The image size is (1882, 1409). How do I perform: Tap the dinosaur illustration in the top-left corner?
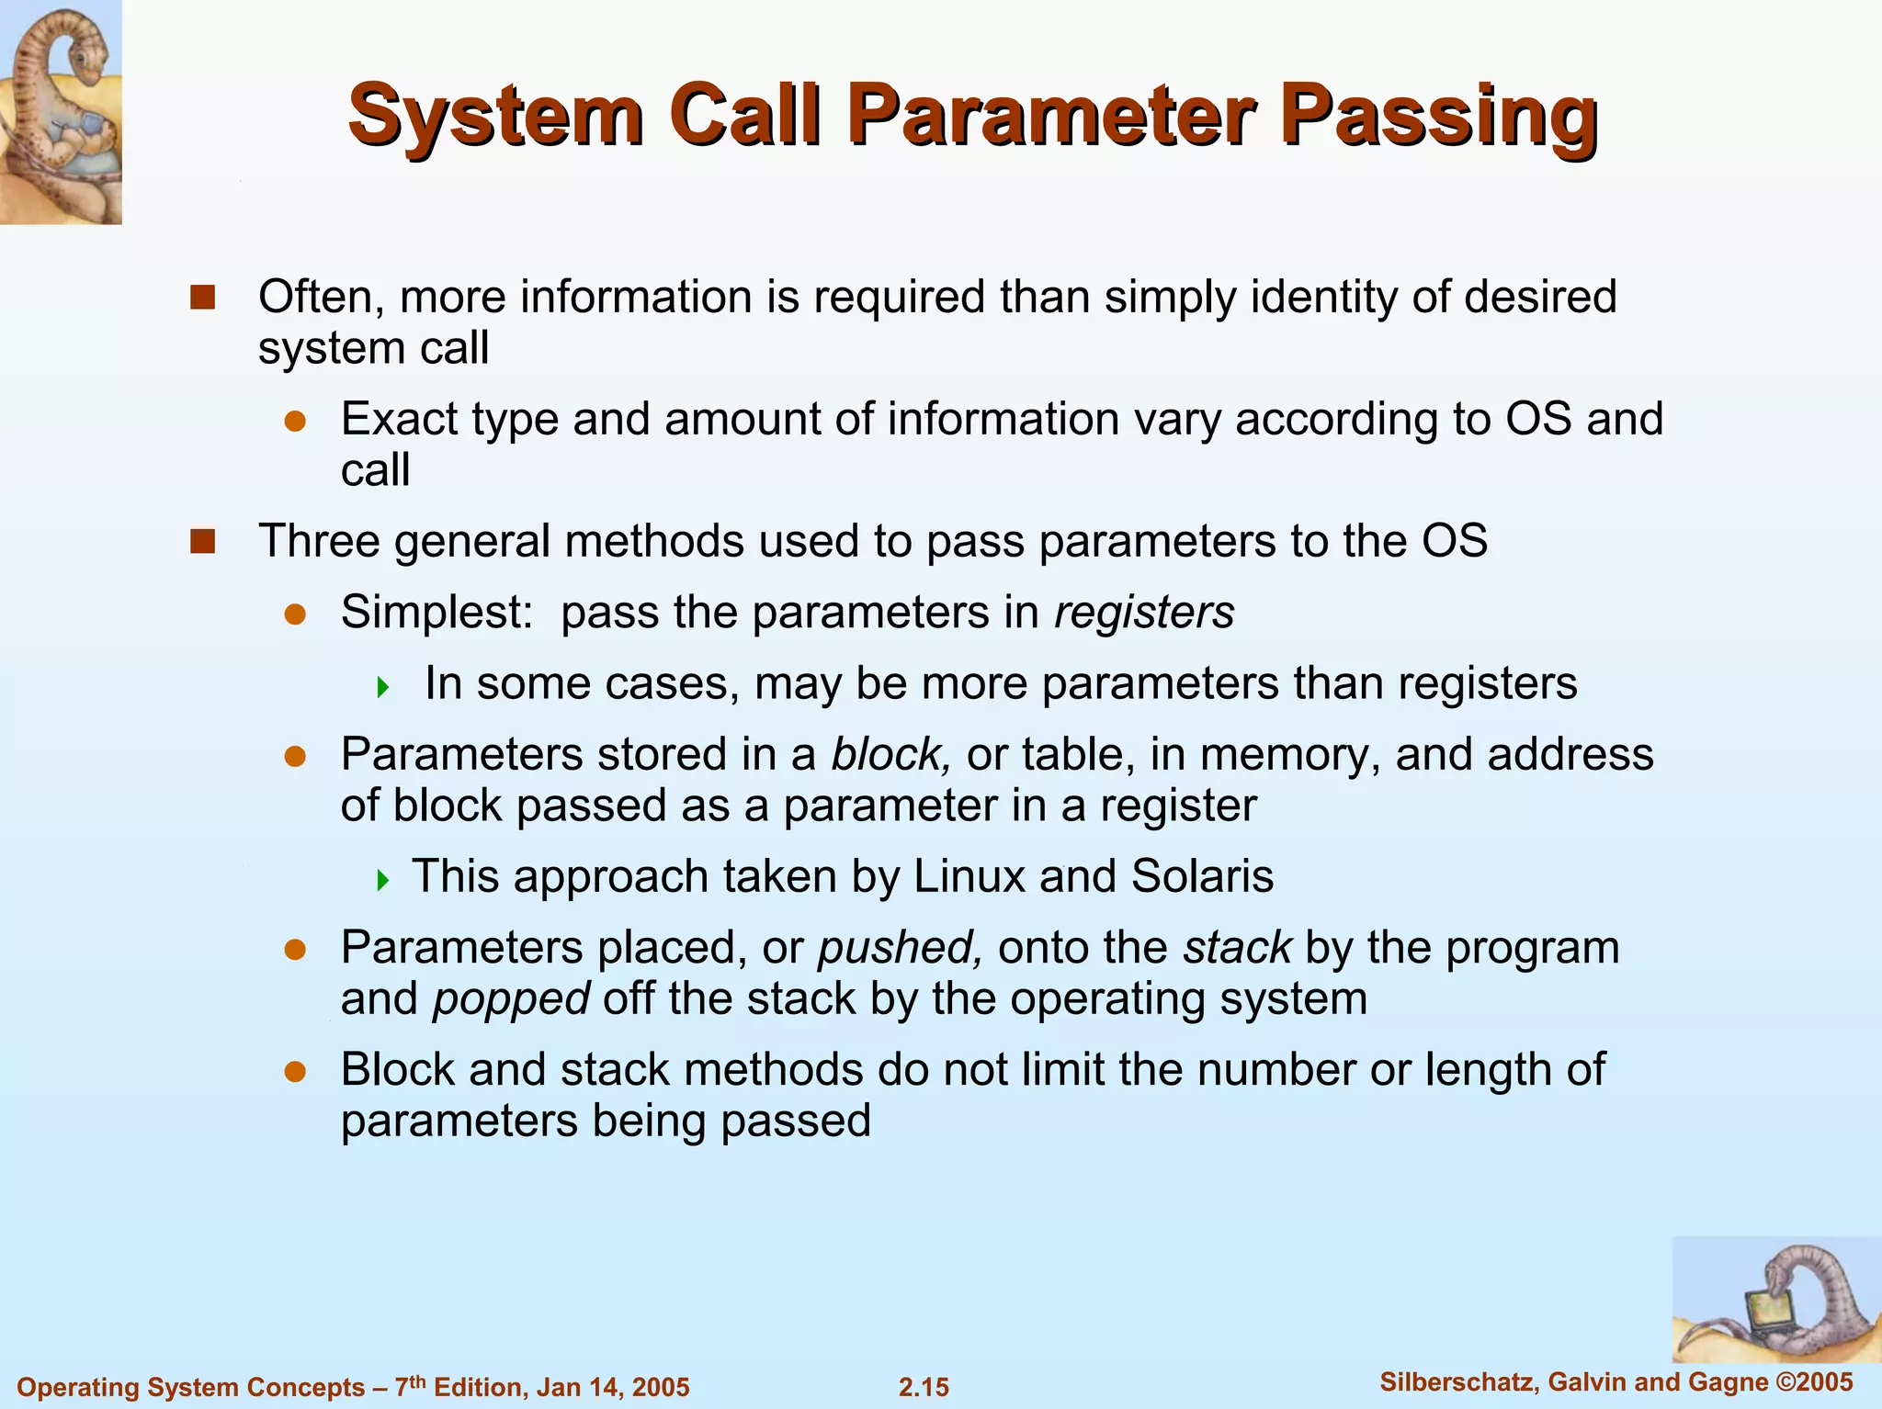coord(61,111)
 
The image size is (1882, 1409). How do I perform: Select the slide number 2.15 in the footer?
coord(924,1387)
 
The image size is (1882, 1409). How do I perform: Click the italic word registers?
coord(1144,612)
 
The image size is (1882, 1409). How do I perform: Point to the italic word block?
coord(890,754)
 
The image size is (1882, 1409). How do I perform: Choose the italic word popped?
coord(511,998)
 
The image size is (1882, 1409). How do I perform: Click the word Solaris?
coord(1202,875)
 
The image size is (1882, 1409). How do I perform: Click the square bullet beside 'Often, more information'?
coord(202,298)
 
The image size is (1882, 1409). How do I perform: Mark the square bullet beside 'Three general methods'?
coord(202,541)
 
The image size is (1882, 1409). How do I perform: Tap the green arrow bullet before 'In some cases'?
coord(383,686)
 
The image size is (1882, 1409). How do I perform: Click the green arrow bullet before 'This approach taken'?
coord(383,881)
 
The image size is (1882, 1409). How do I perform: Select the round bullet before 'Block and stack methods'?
coord(294,1071)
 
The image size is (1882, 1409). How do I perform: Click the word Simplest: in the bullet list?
coord(436,612)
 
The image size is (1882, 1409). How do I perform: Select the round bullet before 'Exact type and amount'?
coord(294,421)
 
